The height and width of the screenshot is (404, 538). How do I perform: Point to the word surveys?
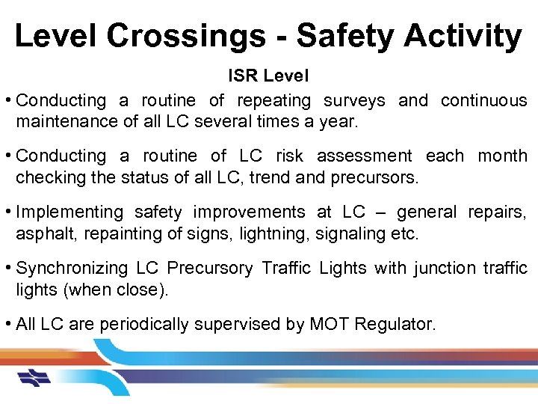[354, 100]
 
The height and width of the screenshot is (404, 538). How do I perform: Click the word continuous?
[483, 100]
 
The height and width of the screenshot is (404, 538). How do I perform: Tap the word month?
[502, 156]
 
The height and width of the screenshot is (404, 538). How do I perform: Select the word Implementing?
[69, 212]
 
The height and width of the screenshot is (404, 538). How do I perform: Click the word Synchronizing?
[72, 268]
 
